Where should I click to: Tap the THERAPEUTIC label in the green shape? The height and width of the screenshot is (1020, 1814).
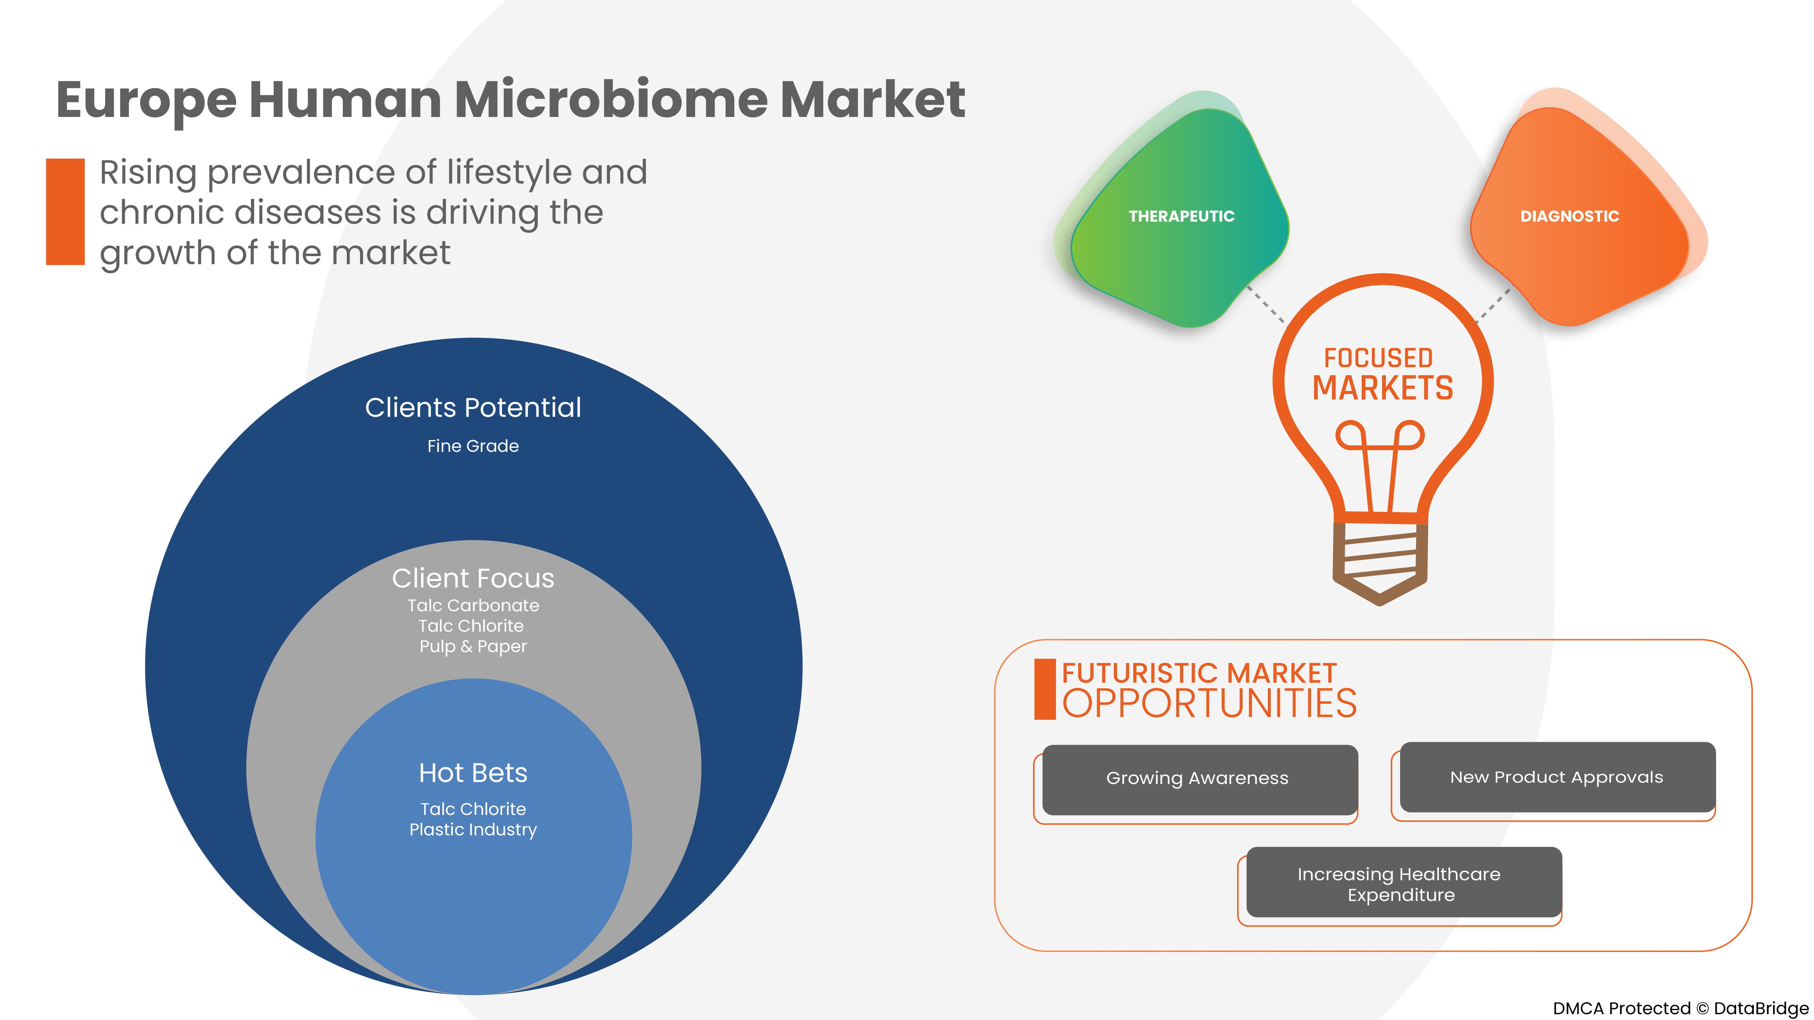coord(1181,216)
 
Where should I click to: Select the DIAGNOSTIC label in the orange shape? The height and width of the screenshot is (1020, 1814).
coord(1569,216)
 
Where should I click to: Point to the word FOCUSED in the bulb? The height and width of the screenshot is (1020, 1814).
coord(1378,358)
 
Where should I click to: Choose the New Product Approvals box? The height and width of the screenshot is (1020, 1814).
coord(1556,777)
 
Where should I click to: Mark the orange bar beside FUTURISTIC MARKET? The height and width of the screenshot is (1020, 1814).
coord(1044,689)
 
